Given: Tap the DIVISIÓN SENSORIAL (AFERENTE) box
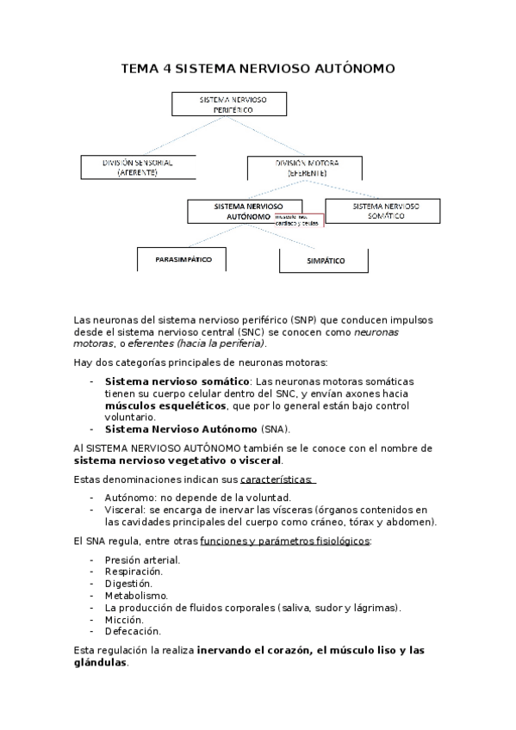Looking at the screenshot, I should point(137,167).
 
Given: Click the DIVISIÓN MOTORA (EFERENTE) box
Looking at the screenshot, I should point(307,167).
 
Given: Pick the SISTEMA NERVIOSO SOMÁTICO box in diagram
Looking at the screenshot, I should point(382,211).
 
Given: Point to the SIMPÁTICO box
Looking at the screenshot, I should point(325,260).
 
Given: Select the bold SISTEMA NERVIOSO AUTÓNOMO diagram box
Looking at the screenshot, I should point(231,212).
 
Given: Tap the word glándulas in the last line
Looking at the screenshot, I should point(101,663).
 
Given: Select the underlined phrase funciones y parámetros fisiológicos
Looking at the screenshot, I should point(285,541).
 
